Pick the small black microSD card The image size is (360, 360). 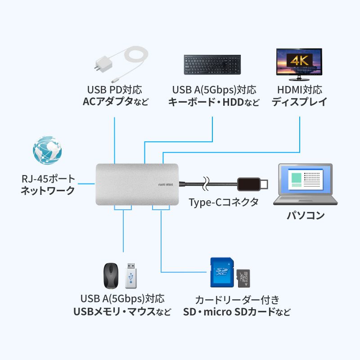coord(243,279)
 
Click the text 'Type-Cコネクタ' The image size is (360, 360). coord(224,202)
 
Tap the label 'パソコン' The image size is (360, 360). coord(306,215)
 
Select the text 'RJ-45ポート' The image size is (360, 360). coord(48,179)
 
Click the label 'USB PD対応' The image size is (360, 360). coord(115,90)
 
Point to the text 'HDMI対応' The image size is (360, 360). coord(299,90)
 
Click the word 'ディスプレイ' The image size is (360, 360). coord(299,102)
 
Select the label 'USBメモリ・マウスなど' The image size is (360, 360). coord(122,311)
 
